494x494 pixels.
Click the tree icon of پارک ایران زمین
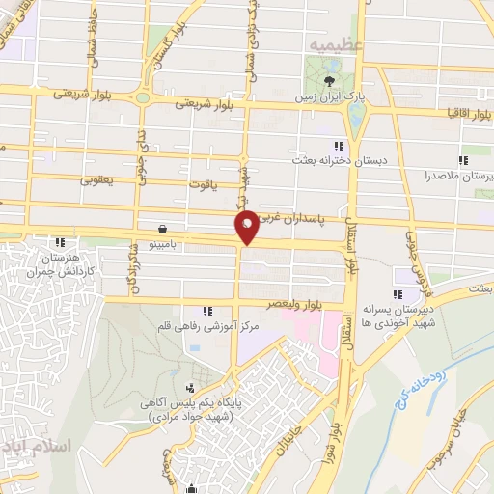pos(331,81)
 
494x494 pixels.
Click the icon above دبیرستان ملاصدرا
pos(463,160)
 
